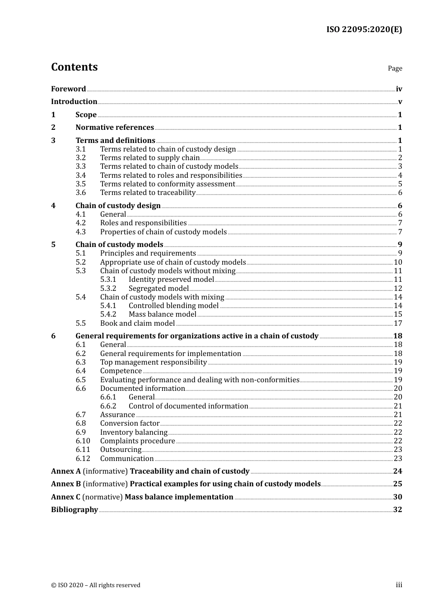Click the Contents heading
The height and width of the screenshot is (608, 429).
74,67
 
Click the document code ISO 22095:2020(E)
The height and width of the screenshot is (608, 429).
364,29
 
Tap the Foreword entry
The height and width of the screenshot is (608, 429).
68,89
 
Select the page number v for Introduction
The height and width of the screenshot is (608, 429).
400,102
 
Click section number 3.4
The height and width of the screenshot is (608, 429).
80,176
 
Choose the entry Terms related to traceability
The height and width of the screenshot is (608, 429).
148,193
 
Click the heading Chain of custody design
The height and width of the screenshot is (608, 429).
118,206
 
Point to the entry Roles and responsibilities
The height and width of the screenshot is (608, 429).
143,223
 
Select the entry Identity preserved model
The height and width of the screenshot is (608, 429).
171,280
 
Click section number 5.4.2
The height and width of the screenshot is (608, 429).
108,314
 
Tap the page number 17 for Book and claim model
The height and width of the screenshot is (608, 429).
398,323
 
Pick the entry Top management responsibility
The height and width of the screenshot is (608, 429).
153,362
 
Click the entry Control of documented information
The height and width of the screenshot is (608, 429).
188,406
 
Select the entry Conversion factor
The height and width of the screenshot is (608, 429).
130,423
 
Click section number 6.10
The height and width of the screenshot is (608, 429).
83,441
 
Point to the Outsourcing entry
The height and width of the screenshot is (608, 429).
121,450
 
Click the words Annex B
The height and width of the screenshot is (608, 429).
66,484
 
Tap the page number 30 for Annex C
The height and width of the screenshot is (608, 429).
397,497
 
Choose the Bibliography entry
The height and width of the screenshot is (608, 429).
75,510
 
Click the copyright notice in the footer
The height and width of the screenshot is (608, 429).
96,585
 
